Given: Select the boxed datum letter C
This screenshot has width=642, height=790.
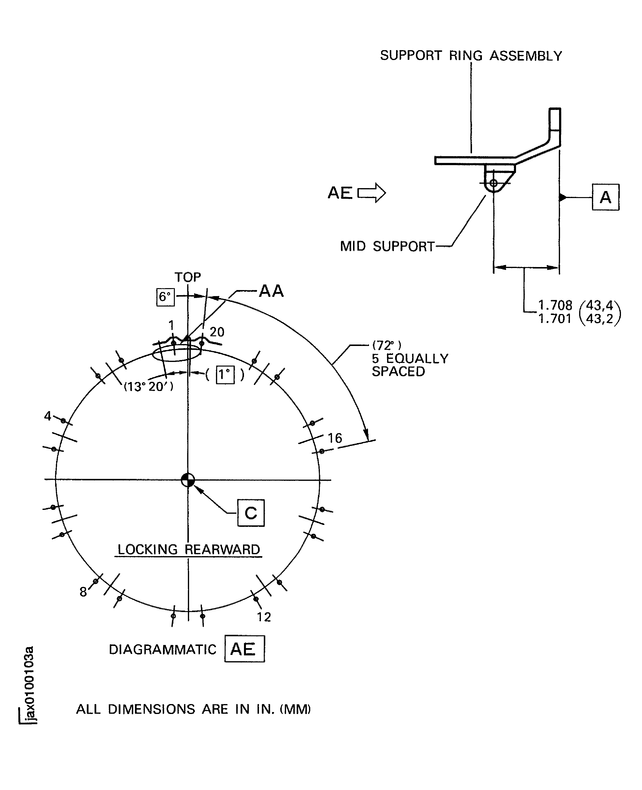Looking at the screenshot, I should tap(251, 513).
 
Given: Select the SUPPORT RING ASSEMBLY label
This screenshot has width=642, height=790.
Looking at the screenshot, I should tap(471, 56).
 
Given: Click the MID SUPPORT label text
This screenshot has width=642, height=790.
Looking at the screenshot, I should tap(387, 246).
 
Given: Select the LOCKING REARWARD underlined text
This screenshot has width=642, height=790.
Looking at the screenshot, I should tap(189, 549).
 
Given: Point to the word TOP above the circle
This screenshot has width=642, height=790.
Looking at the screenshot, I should tap(188, 277).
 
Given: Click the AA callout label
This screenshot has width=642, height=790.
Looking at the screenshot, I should tap(271, 291).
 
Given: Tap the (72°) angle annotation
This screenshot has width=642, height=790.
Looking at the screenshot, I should tap(386, 345).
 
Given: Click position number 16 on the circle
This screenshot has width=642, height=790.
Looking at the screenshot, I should tap(335, 438).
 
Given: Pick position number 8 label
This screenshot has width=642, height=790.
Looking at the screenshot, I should tap(83, 592).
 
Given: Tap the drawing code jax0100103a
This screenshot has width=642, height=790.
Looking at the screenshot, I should tap(30, 685).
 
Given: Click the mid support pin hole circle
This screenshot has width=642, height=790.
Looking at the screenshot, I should tap(493, 183).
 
